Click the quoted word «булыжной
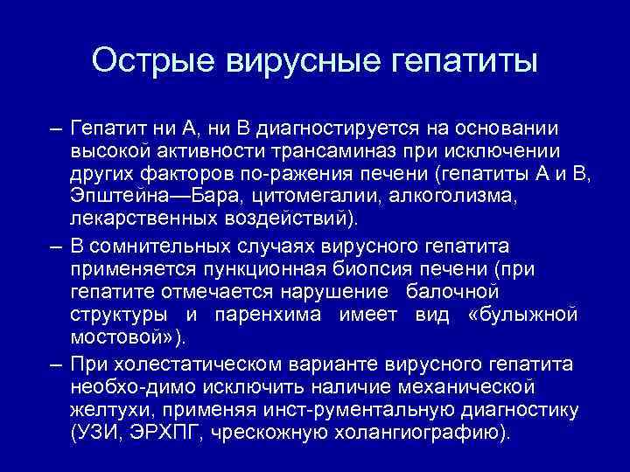point(524,314)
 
